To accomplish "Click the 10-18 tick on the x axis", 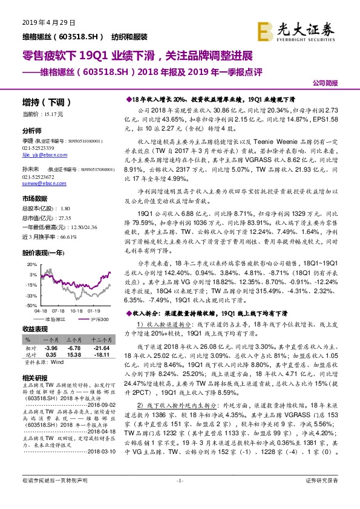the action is click(77, 311).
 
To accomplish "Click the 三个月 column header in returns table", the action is click(74, 341).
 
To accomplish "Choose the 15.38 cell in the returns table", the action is click(74, 355).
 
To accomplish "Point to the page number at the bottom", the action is click(180, 498).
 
